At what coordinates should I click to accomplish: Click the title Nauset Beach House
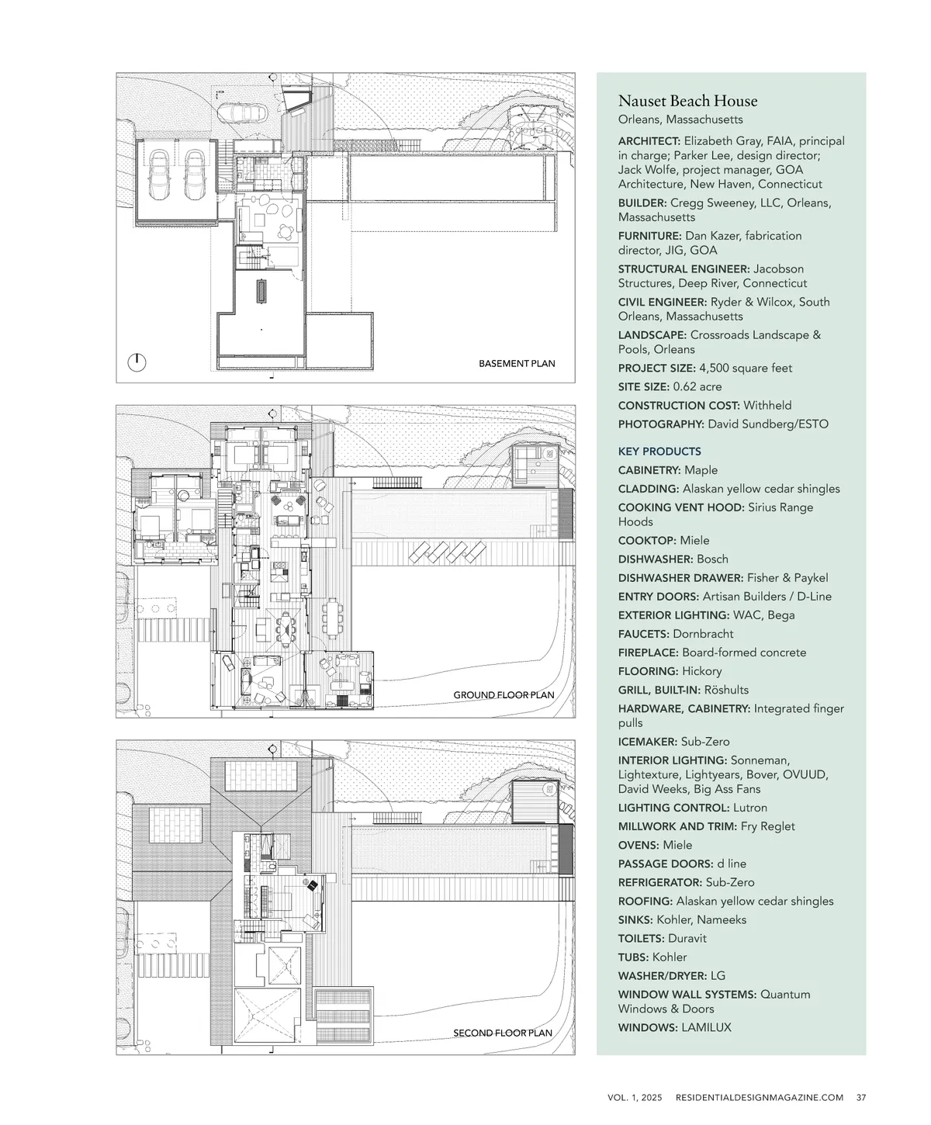[x=687, y=102]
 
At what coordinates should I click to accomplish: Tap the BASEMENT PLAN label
[x=517, y=364]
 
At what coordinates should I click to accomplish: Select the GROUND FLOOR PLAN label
[x=504, y=695]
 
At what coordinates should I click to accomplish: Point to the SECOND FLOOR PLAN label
[x=503, y=1033]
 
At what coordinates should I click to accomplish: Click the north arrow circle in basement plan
[x=137, y=362]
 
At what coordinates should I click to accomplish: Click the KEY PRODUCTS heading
[x=659, y=452]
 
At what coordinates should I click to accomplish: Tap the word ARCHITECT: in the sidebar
[x=649, y=141]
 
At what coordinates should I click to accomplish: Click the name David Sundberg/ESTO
[x=768, y=424]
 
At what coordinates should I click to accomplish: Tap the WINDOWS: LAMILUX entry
[x=674, y=1027]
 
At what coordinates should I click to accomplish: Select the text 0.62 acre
[x=697, y=386]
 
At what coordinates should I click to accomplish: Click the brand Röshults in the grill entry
[x=725, y=690]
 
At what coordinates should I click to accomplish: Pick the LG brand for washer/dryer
[x=718, y=976]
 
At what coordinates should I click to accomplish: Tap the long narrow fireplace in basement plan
[x=262, y=291]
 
